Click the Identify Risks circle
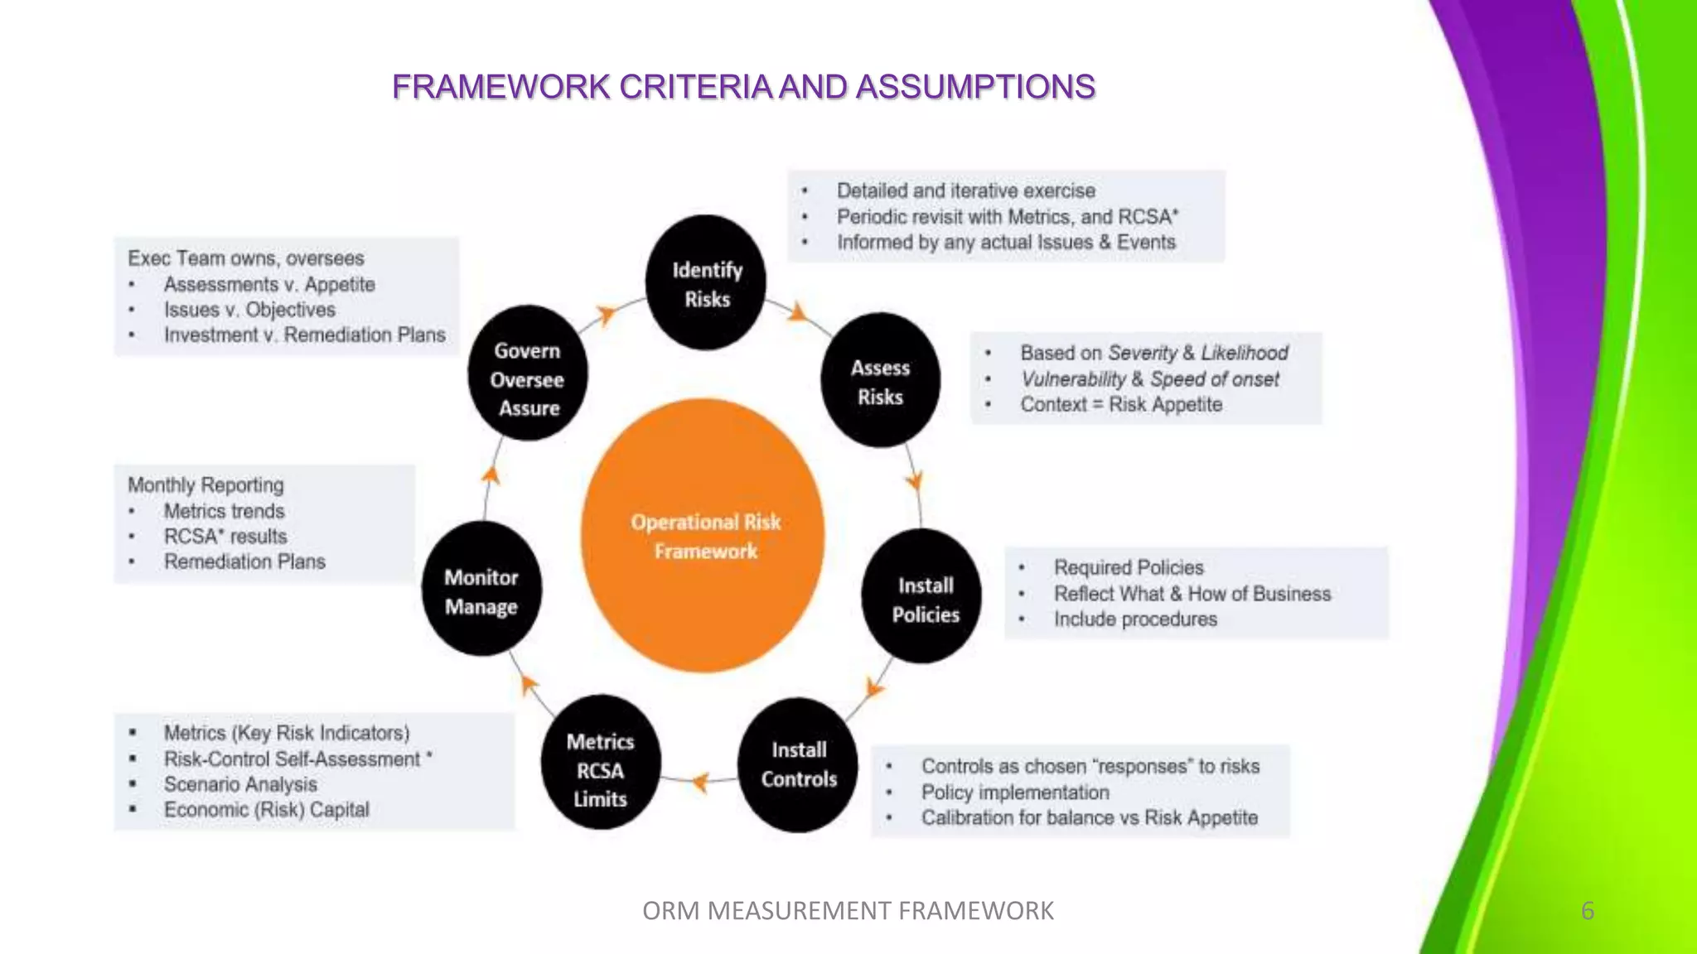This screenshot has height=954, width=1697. (706, 283)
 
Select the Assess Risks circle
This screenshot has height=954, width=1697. (880, 381)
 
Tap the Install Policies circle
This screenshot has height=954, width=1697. (922, 597)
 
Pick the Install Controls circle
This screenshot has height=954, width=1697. (798, 764)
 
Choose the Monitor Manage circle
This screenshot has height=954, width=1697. (482, 590)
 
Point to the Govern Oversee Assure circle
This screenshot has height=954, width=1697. (528, 374)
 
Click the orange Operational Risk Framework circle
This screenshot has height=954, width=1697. (703, 535)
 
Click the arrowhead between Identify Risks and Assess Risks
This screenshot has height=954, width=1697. (797, 313)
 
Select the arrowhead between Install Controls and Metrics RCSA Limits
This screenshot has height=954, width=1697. (700, 781)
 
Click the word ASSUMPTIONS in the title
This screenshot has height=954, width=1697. (975, 87)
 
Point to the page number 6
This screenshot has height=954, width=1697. (1587, 910)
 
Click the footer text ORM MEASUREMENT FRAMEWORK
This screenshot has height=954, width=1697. (848, 910)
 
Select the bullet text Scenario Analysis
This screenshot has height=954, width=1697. (240, 784)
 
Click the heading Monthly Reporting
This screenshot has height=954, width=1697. (205, 485)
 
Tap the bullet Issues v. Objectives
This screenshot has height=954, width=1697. (249, 310)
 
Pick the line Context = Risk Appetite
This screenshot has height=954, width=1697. (1120, 405)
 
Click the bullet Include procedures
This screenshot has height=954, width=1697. (1134, 619)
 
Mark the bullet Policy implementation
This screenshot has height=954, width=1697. (1014, 793)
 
